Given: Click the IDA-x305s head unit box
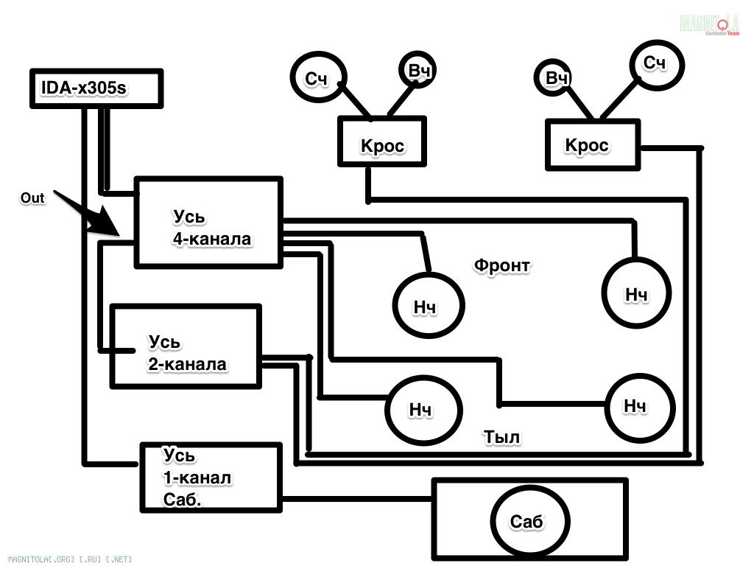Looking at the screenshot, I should pyautogui.click(x=95, y=88).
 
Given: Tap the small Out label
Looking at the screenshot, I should pyautogui.click(x=32, y=198).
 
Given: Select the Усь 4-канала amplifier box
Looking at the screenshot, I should pyautogui.click(x=208, y=222).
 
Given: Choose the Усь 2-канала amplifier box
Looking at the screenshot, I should pyautogui.click(x=185, y=346).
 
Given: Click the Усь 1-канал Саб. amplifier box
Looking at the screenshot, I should pyautogui.click(x=211, y=478).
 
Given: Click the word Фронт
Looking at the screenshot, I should pyautogui.click(x=501, y=265).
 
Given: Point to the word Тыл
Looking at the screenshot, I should pyautogui.click(x=501, y=436).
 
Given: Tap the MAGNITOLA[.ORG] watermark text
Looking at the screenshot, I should pyautogui.click(x=66, y=559).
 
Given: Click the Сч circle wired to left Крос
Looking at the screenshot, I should pyautogui.click(x=317, y=78).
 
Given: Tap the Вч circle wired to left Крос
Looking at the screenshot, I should pyautogui.click(x=418, y=70).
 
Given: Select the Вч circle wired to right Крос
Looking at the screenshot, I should pyautogui.click(x=557, y=77).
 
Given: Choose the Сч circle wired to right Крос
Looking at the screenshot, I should pyautogui.click(x=655, y=63).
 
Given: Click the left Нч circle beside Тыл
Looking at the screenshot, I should pyautogui.click(x=423, y=408).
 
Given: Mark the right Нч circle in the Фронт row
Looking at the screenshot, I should pyautogui.click(x=637, y=293).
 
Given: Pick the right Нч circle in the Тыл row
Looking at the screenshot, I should pyautogui.click(x=637, y=406).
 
